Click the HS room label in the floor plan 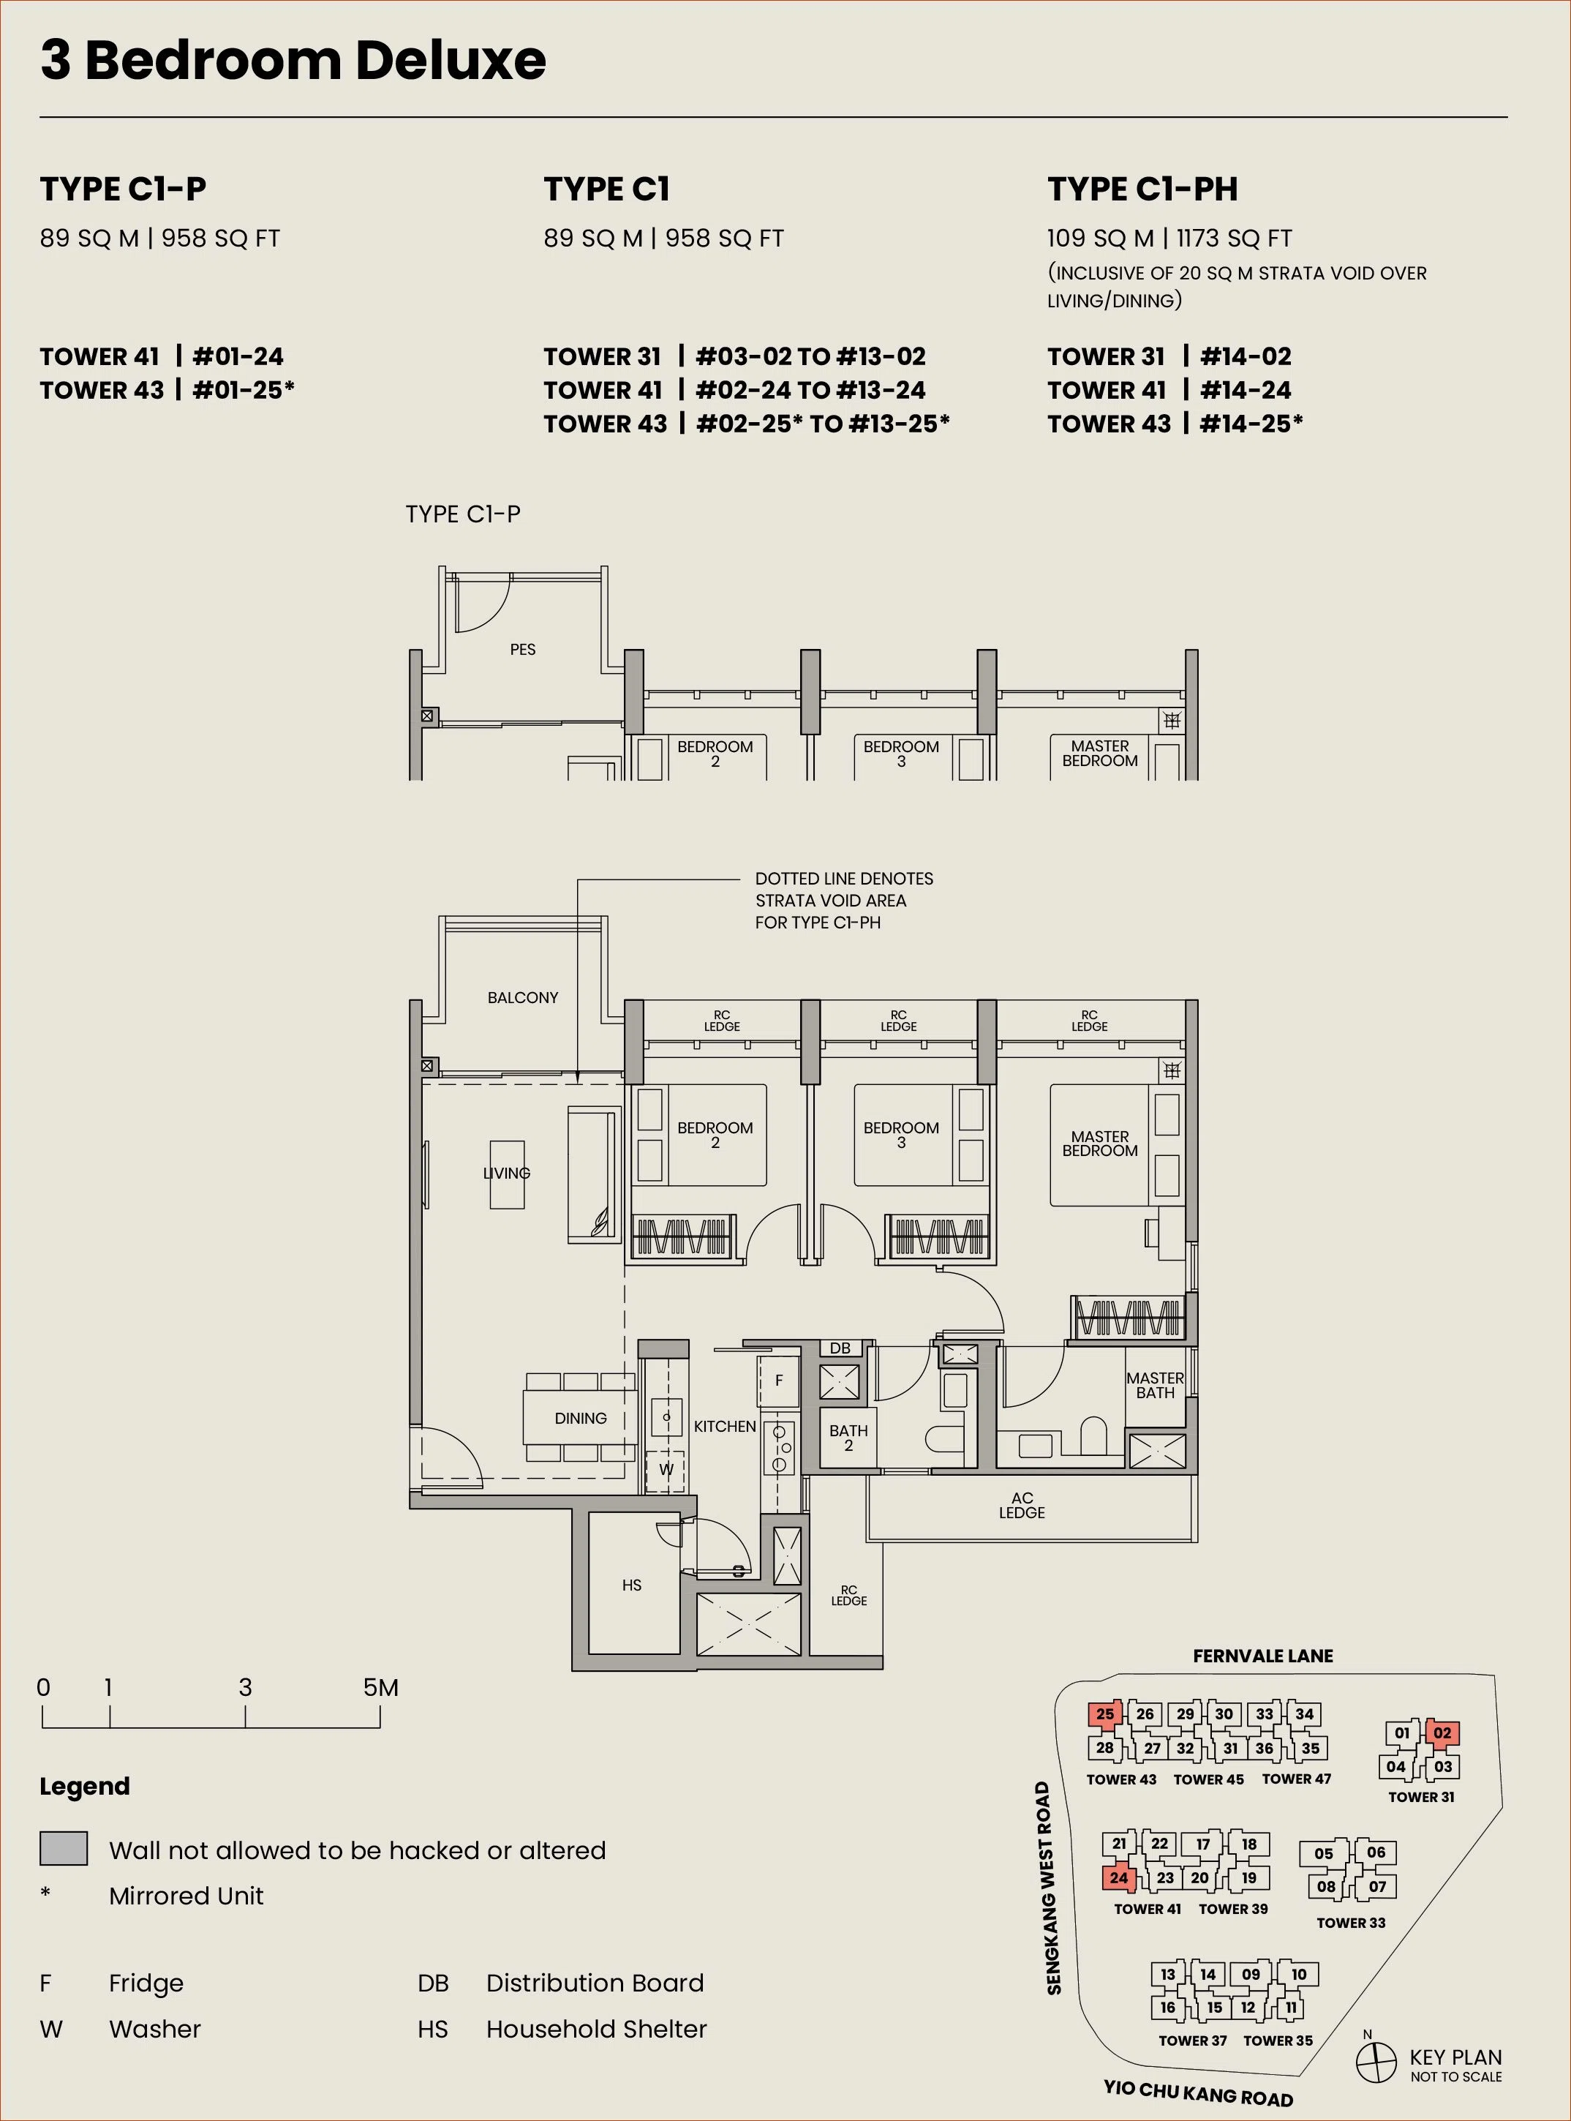[x=631, y=1585]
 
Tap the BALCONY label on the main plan [x=522, y=998]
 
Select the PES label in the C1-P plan [x=522, y=650]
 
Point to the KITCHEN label [x=725, y=1427]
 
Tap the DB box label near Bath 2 [x=840, y=1348]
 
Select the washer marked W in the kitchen [x=666, y=1469]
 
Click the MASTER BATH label [x=1156, y=1385]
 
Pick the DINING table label [x=580, y=1418]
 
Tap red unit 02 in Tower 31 [x=1442, y=1732]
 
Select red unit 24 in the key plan [x=1119, y=1877]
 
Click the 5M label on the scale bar [x=380, y=1687]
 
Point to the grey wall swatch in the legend [x=64, y=1848]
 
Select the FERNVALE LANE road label [x=1263, y=1656]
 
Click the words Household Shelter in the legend [x=596, y=2029]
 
